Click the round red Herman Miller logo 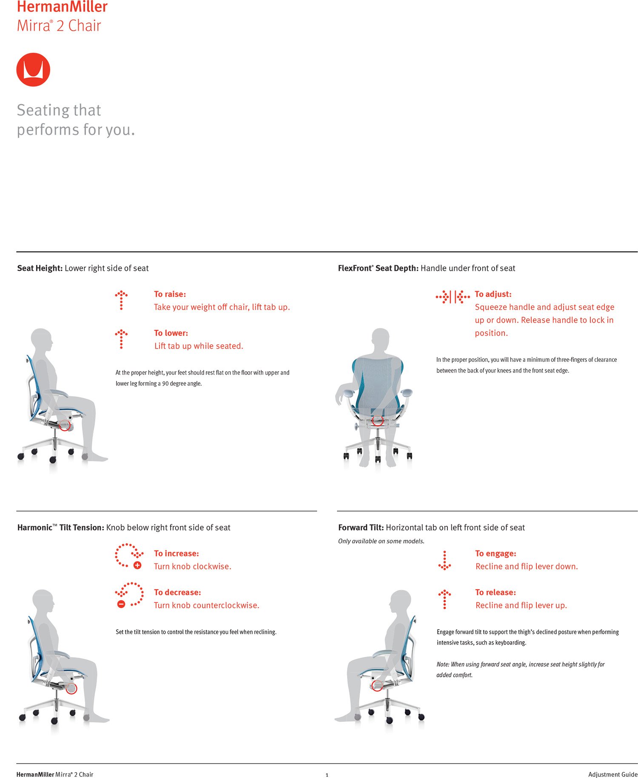33,70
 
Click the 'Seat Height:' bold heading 40,268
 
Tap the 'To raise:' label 170,294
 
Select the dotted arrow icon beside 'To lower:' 121,339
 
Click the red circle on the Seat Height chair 64,425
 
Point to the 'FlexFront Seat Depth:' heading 378,268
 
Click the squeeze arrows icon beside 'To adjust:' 453,297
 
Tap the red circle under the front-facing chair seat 377,420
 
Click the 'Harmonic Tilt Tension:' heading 60,528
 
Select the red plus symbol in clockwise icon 137,565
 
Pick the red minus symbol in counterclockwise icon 121,604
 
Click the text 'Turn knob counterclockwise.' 206,605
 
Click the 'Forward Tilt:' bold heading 361,528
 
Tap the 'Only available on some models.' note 381,541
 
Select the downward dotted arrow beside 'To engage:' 444,560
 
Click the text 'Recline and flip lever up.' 521,605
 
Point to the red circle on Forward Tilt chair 377,685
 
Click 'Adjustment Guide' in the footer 612,774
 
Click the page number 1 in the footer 327,775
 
